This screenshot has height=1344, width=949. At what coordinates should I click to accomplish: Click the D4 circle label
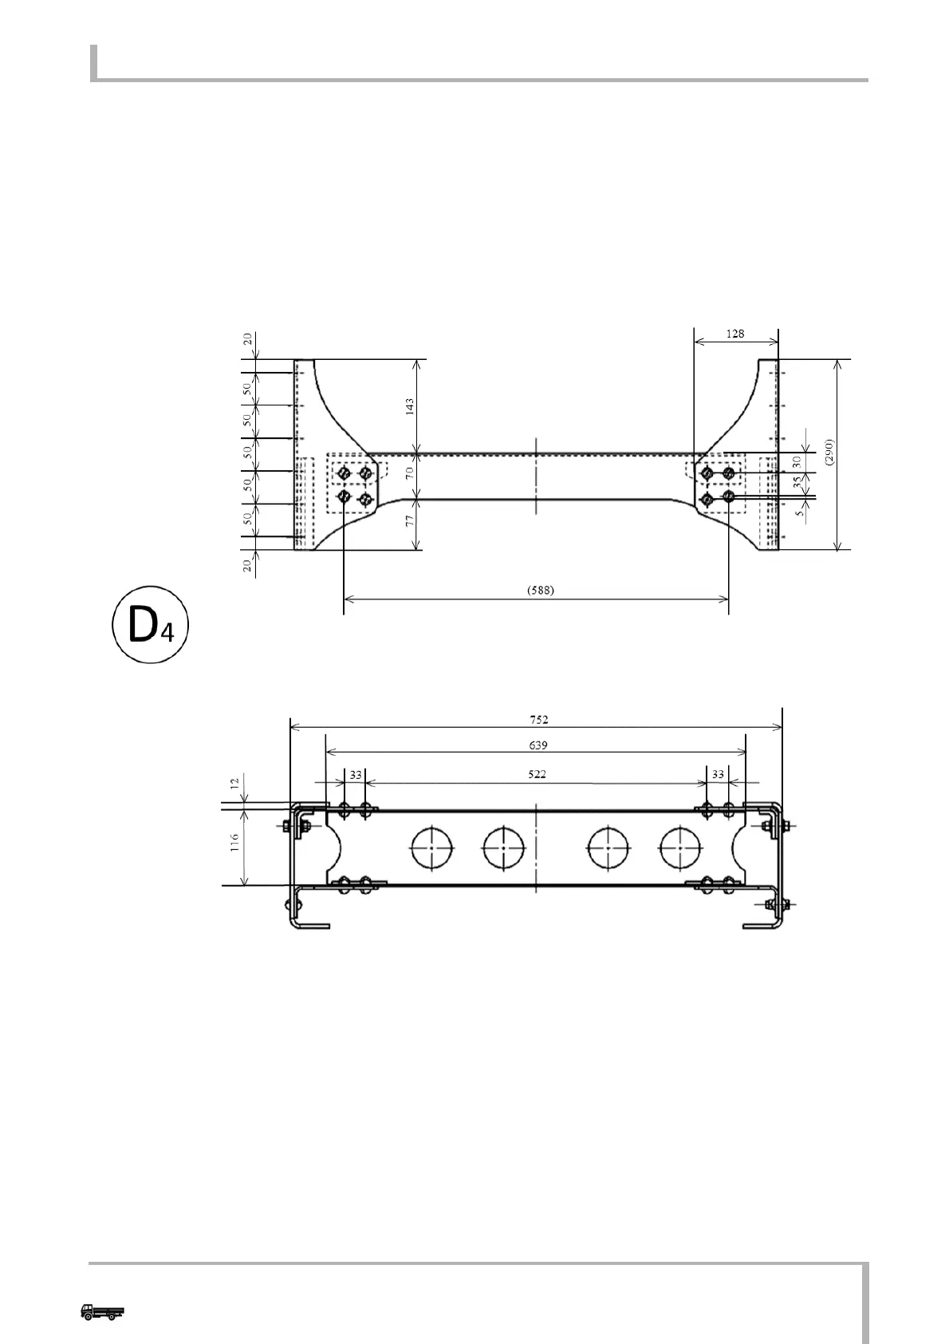[151, 625]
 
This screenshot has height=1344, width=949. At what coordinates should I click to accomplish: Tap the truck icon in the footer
[103, 1311]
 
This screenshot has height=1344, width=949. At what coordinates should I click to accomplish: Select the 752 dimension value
[539, 720]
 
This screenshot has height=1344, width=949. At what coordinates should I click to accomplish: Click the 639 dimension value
[538, 745]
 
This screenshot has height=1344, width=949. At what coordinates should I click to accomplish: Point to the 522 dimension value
[538, 775]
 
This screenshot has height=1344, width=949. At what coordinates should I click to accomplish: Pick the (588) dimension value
[541, 591]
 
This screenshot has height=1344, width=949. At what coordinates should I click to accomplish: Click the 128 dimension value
[735, 334]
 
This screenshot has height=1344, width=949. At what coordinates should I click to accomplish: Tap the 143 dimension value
[410, 406]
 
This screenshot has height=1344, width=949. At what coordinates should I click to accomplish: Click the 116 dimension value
[235, 843]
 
